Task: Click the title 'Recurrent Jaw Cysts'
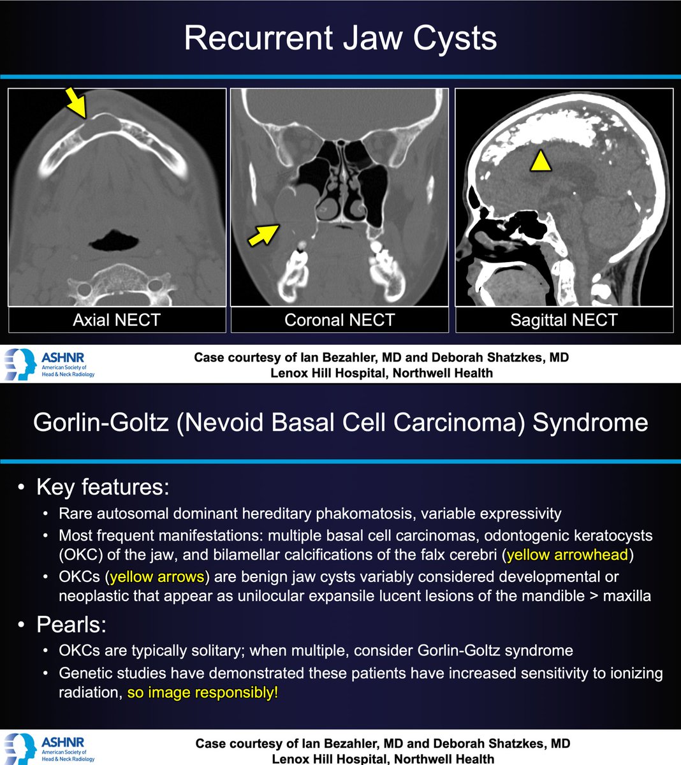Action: (x=340, y=38)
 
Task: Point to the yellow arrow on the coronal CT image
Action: (x=262, y=235)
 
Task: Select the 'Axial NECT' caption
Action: (x=116, y=319)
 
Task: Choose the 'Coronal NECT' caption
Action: (x=340, y=319)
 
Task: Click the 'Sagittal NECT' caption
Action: (x=564, y=319)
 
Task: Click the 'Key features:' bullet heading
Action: (x=103, y=487)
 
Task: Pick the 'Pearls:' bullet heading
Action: (x=71, y=624)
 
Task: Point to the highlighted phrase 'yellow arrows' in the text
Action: (x=157, y=577)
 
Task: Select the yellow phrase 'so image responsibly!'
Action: (x=203, y=692)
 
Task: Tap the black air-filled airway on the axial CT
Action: (x=114, y=241)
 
